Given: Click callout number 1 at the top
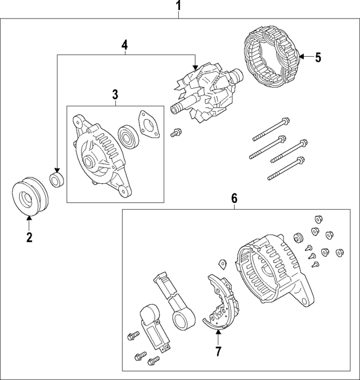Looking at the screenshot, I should click(179, 7).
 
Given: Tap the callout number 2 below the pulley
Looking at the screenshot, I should click(29, 237).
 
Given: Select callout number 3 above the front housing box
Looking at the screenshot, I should click(115, 94).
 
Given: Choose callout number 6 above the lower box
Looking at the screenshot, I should click(234, 198).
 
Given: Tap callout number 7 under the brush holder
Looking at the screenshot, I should click(218, 351).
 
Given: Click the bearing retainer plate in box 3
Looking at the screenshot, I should click(147, 124).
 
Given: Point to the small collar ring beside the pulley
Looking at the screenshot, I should click(57, 180).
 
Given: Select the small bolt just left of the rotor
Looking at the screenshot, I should click(176, 132).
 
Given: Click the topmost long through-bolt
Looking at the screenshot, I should click(271, 128).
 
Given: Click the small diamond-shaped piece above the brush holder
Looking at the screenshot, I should click(222, 263).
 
